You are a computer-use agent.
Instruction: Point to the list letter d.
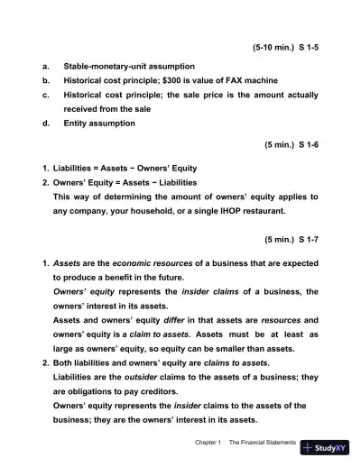(45, 124)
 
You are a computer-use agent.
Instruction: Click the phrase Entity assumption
(101, 124)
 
